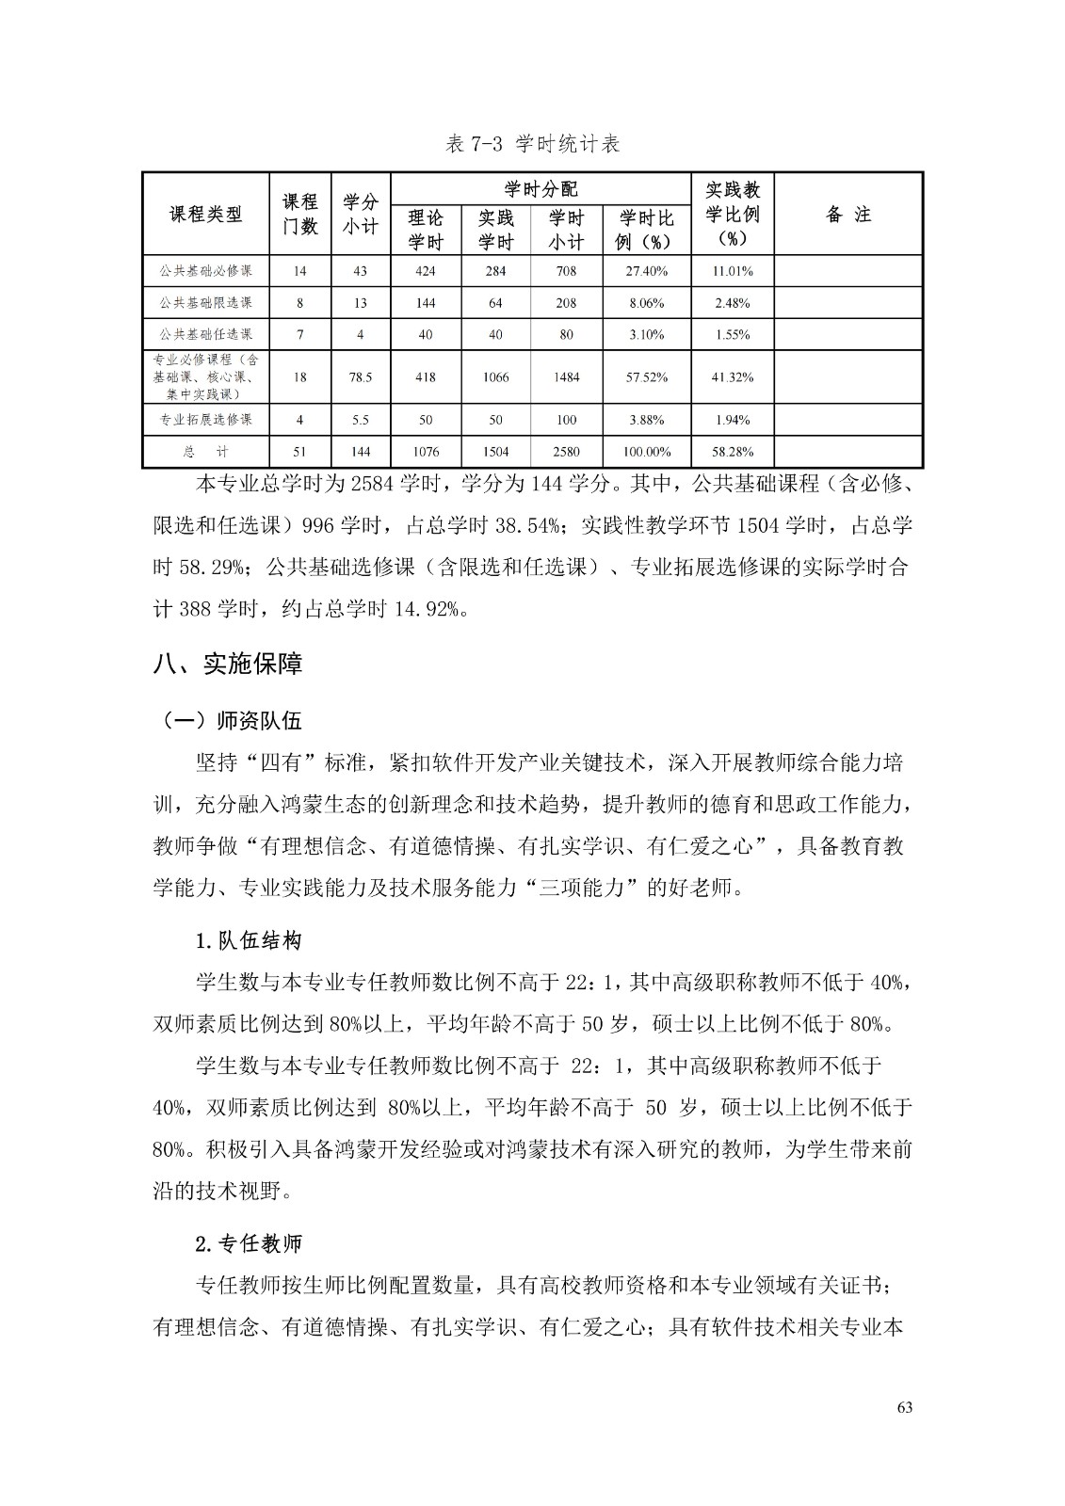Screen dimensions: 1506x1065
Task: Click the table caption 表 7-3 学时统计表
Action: (x=532, y=144)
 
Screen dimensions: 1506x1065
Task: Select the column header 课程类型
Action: (x=205, y=215)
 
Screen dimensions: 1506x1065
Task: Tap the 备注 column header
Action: (x=847, y=215)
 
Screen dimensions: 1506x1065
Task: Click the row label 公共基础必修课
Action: (x=205, y=271)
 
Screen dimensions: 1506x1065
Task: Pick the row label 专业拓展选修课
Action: (x=205, y=420)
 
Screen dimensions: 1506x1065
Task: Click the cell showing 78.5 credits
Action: (x=360, y=377)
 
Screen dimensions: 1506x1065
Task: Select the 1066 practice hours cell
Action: (x=495, y=377)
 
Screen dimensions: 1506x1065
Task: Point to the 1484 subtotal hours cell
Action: (x=566, y=377)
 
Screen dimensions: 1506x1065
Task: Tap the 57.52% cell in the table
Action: (x=646, y=377)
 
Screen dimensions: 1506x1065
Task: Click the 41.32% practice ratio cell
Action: (x=732, y=377)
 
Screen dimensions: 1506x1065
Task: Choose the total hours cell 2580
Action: (x=566, y=452)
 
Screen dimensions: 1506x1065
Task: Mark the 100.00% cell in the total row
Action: (x=646, y=452)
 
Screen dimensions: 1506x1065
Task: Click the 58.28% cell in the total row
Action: (x=732, y=452)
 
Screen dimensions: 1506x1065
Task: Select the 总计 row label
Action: (x=205, y=452)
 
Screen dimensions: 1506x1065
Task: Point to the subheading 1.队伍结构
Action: (x=248, y=940)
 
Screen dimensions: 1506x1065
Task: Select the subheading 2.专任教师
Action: (x=248, y=1243)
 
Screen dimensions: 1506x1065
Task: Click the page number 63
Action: (x=905, y=1408)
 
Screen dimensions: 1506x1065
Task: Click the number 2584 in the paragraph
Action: (x=370, y=486)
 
